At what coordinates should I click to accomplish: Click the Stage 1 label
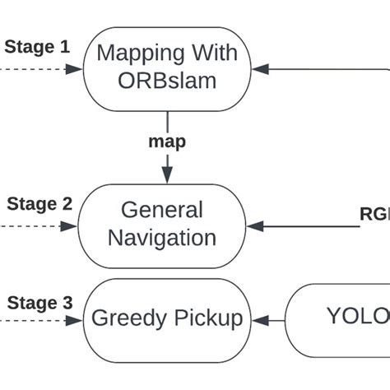click(37, 47)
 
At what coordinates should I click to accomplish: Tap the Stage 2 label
click(39, 204)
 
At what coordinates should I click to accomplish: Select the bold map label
click(167, 142)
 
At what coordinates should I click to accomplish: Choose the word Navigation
click(162, 239)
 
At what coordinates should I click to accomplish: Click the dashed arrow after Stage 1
click(41, 69)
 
